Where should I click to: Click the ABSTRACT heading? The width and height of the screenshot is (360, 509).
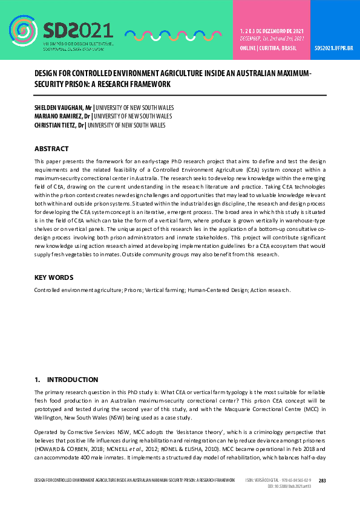pos(51,149)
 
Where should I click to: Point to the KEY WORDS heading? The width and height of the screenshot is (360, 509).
pos(54,277)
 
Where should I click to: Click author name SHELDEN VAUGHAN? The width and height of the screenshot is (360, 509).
pos(59,107)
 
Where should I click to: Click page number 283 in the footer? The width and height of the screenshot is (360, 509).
pos(322,481)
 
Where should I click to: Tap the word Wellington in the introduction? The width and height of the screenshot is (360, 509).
pos(49,418)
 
